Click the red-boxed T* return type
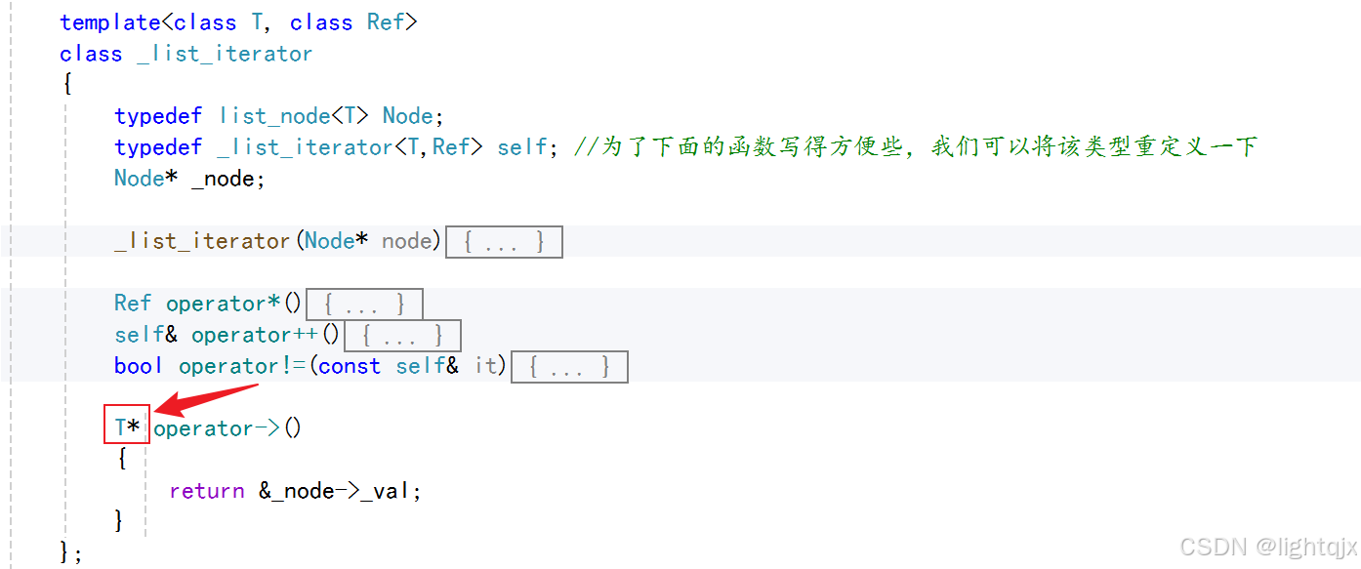pyautogui.click(x=127, y=427)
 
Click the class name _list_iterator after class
pyautogui.click(x=225, y=54)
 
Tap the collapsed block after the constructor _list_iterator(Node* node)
pyautogui.click(x=504, y=241)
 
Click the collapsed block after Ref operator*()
pyautogui.click(x=364, y=304)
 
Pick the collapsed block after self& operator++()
pyautogui.click(x=402, y=335)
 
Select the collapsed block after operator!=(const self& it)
pyautogui.click(x=568, y=366)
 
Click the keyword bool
pyautogui.click(x=139, y=366)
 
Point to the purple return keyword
pyautogui.click(x=206, y=491)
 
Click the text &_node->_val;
pyautogui.click(x=340, y=491)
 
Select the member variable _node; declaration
pyautogui.click(x=227, y=179)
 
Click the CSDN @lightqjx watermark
pyautogui.click(x=1267, y=547)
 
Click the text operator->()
pyautogui.click(x=227, y=428)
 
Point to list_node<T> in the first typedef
pyautogui.click(x=294, y=116)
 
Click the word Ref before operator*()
pyautogui.click(x=133, y=304)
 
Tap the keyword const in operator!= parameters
pyautogui.click(x=349, y=366)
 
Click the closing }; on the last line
pyautogui.click(x=71, y=553)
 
